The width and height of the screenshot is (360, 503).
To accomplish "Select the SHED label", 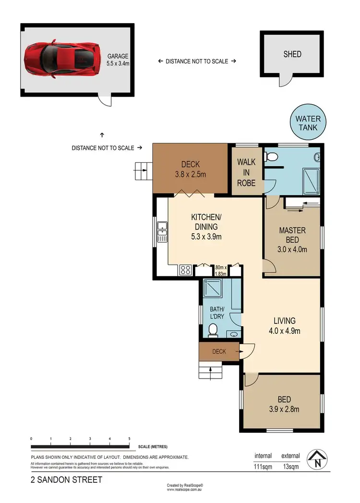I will coord(292,54).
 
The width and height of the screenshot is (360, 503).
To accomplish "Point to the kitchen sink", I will coord(162,231).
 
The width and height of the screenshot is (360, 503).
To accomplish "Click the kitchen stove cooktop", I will coord(186,270).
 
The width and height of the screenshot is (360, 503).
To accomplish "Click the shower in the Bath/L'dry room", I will coord(213,288).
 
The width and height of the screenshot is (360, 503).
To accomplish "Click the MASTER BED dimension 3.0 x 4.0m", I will coord(292,249).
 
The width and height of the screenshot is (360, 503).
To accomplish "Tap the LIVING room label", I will coord(284,321).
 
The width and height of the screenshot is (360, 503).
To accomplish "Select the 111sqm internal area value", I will coord(263,466).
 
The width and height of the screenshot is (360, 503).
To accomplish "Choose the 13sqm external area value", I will coord(291,466).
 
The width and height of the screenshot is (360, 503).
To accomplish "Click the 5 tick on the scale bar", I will coord(129,439).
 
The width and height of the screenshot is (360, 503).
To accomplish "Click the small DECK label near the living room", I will coord(219,352).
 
